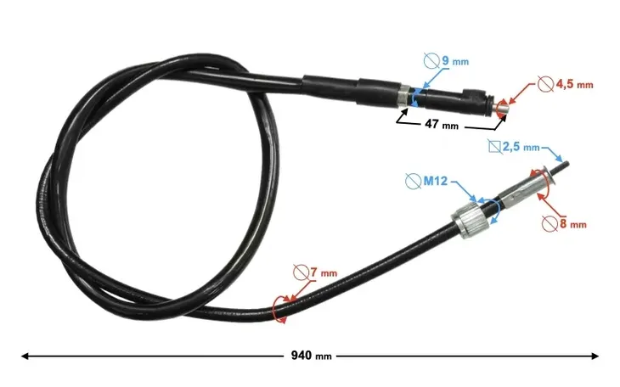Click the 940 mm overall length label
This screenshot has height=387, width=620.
(311, 356)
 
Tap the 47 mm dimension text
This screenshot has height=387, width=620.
(442, 125)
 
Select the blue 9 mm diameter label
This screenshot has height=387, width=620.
(455, 61)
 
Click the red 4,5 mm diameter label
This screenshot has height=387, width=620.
(574, 84)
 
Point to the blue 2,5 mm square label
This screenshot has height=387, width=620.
(521, 148)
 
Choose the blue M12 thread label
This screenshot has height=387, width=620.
(436, 181)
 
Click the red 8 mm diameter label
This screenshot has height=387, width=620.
(573, 224)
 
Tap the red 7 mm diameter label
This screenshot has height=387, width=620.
(324, 272)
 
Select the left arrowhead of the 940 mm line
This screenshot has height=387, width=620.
(25, 356)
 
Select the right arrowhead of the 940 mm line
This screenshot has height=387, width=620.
(595, 356)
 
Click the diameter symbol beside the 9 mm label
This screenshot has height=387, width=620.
(431, 60)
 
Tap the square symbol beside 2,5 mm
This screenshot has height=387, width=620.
(494, 147)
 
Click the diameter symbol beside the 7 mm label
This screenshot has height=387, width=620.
(301, 272)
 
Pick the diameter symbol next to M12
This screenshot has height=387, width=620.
(414, 181)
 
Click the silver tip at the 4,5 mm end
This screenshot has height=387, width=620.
(501, 107)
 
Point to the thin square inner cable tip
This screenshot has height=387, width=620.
(562, 167)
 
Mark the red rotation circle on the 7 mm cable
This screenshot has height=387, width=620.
(279, 310)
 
